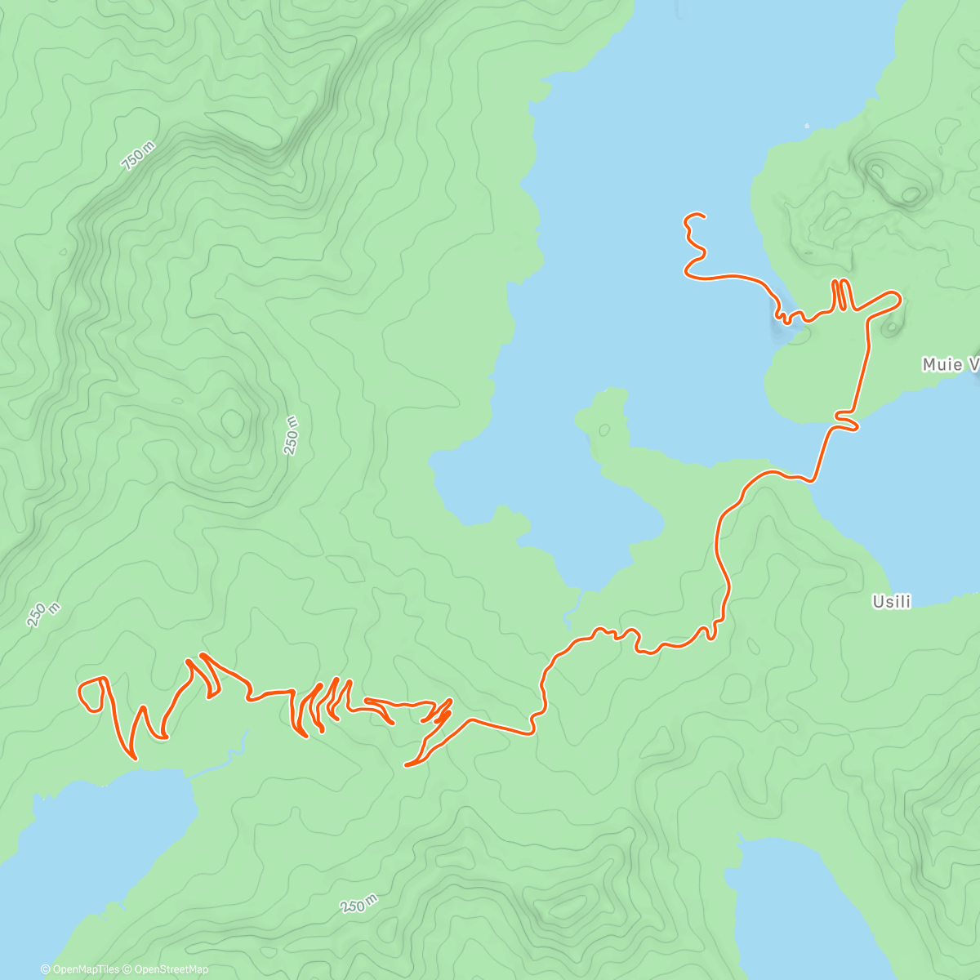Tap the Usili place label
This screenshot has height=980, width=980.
[x=891, y=602]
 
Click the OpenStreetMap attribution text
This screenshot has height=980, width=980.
[x=171, y=969]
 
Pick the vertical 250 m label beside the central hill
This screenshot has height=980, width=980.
[x=292, y=434]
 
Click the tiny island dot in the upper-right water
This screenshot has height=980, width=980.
[x=806, y=126]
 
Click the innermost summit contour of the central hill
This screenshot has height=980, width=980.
[x=232, y=422]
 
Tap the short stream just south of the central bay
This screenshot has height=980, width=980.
[x=572, y=608]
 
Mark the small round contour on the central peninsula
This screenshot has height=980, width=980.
[x=604, y=429]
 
